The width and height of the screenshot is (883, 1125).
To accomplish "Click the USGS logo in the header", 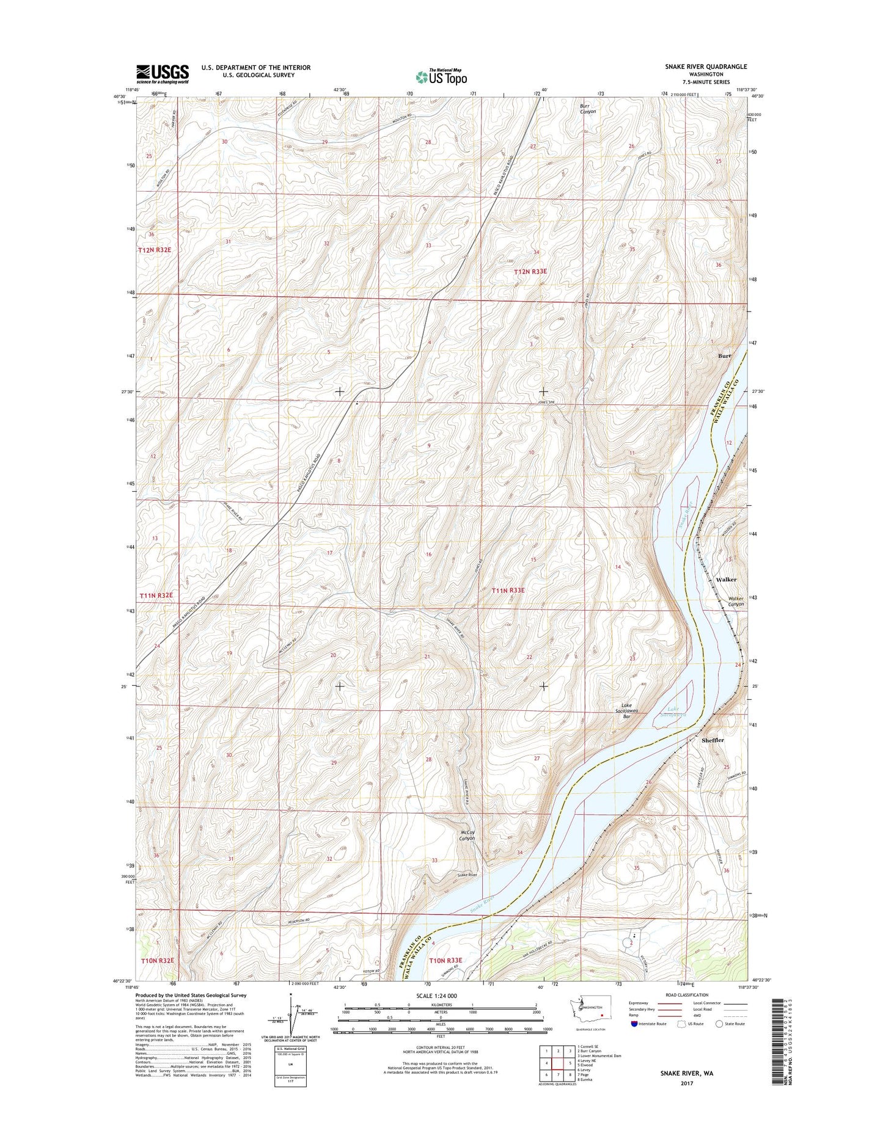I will pyautogui.click(x=162, y=73).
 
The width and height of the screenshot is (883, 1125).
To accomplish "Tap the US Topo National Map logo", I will pyautogui.click(x=441, y=76).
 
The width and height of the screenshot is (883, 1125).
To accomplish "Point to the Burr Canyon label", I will pyautogui.click(x=587, y=109).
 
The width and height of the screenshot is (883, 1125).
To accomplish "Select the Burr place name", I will pyautogui.click(x=724, y=355).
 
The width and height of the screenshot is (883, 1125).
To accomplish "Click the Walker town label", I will pyautogui.click(x=726, y=579).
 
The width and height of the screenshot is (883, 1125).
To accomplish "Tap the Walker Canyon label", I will pyautogui.click(x=736, y=602).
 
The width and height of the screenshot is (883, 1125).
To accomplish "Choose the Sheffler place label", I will pyautogui.click(x=713, y=740).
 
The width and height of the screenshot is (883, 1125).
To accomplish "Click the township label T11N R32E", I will pyautogui.click(x=156, y=595).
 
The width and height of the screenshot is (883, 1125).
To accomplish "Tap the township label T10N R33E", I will pyautogui.click(x=446, y=978).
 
